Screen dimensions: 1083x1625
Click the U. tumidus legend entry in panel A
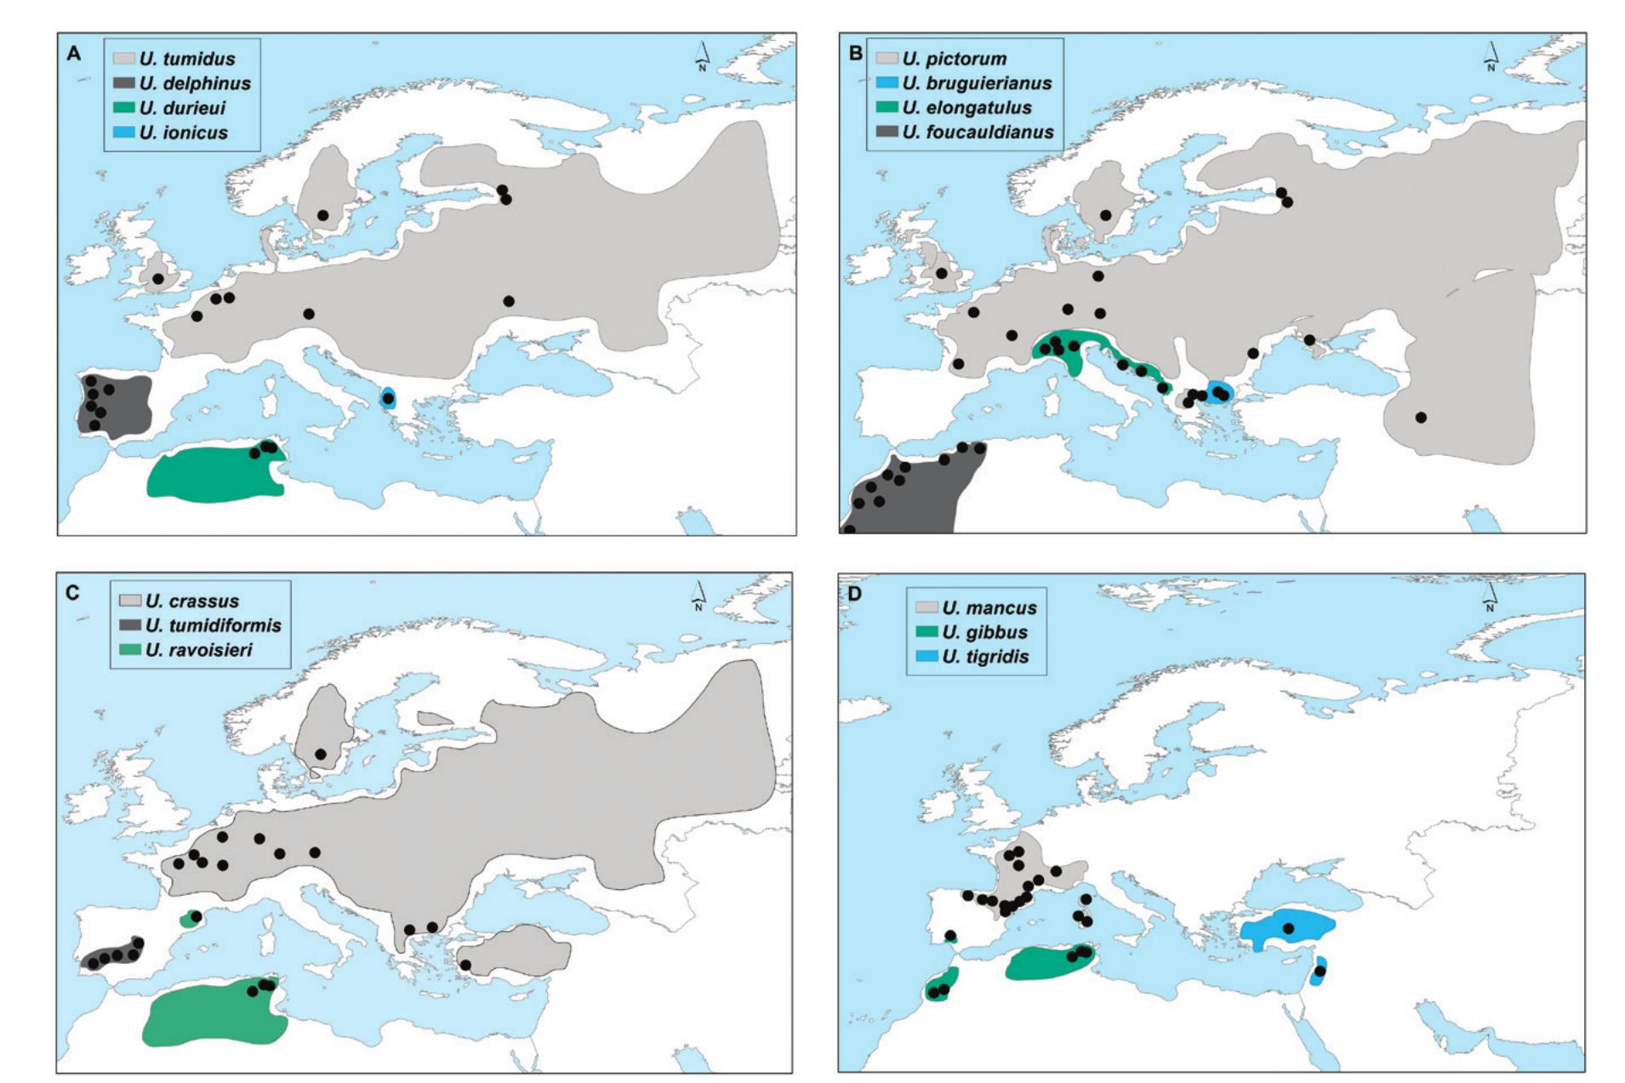186,59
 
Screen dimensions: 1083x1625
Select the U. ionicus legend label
183,132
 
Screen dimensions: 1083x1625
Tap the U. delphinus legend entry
195,83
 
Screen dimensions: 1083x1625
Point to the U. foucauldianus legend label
978,132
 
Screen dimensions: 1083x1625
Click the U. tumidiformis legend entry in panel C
213,625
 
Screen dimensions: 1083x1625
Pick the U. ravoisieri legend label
198,650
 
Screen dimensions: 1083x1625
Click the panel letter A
74,54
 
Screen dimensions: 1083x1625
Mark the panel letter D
853,593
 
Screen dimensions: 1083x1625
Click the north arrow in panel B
1490,56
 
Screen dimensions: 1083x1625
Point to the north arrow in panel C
698,596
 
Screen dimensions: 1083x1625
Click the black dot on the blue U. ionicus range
388,398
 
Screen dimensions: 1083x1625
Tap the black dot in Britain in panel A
157,279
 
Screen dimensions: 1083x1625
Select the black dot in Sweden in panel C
321,754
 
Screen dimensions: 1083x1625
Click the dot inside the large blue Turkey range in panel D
1288,928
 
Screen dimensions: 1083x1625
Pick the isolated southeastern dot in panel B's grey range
1421,417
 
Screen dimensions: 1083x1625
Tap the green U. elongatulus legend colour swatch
887,107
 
